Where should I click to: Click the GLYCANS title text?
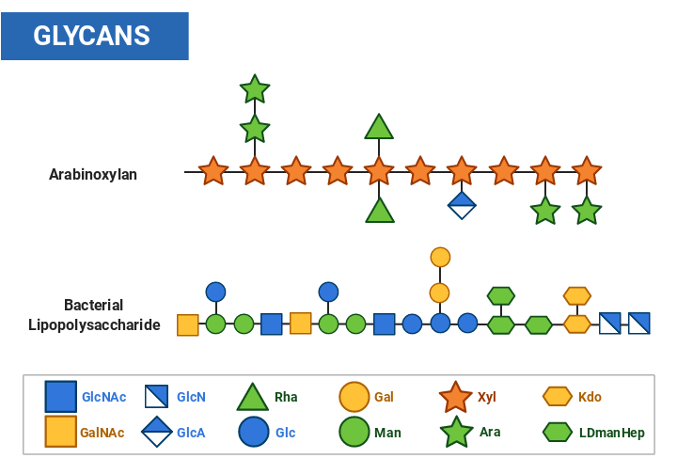click(x=92, y=36)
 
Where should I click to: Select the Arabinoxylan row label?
click(x=93, y=174)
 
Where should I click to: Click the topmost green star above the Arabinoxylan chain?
click(x=255, y=89)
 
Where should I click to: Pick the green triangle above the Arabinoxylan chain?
click(x=379, y=127)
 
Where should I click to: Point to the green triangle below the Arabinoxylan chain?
click(x=379, y=211)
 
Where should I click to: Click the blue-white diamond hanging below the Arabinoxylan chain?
click(x=461, y=205)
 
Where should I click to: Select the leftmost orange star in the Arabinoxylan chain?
click(x=213, y=172)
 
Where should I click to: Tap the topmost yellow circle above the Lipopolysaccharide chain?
click(x=440, y=257)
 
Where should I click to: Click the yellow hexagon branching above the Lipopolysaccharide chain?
click(x=576, y=295)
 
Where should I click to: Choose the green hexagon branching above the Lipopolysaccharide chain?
click(x=501, y=295)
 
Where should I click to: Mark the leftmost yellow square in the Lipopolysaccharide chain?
click(x=188, y=324)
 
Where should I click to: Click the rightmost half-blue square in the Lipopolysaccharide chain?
click(x=639, y=324)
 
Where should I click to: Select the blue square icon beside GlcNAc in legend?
click(x=61, y=397)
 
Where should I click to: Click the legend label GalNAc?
click(x=102, y=433)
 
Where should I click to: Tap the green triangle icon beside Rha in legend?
click(x=253, y=397)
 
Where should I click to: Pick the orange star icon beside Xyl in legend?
click(x=456, y=397)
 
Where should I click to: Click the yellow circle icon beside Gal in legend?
click(x=354, y=397)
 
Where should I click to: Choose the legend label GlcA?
click(x=191, y=433)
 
